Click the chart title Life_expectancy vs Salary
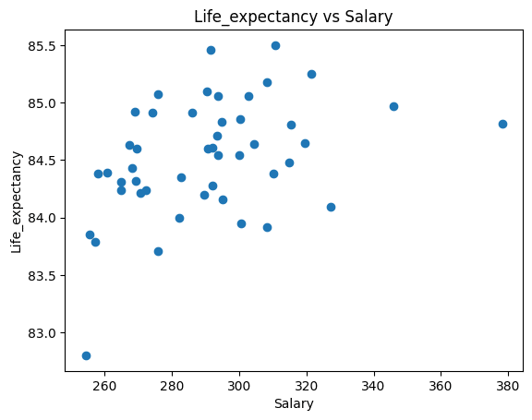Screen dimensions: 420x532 [x=294, y=16]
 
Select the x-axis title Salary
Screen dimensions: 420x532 [x=294, y=403]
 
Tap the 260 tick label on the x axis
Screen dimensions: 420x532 [x=105, y=384]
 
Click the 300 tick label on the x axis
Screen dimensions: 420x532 [x=239, y=384]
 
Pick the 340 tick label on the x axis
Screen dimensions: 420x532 [x=374, y=384]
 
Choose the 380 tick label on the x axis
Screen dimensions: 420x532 [x=509, y=384]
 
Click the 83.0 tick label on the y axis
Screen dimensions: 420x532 [x=42, y=333]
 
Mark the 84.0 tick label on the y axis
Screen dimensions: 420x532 [x=42, y=218]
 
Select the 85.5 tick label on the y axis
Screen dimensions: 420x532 [x=42, y=45]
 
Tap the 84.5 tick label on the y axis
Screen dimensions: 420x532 [x=42, y=161]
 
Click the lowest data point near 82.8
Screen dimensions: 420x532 [x=86, y=355]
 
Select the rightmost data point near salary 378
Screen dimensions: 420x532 [x=502, y=124]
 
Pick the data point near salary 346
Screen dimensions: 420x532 [x=393, y=106]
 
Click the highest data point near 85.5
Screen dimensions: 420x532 [x=275, y=45]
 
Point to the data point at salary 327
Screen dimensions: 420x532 [x=331, y=207]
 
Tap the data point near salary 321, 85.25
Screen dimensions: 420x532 [x=311, y=74]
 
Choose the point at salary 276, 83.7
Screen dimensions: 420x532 [x=158, y=251]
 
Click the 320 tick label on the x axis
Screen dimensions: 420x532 [x=307, y=384]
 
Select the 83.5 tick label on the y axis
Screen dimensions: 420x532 [x=42, y=276]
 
